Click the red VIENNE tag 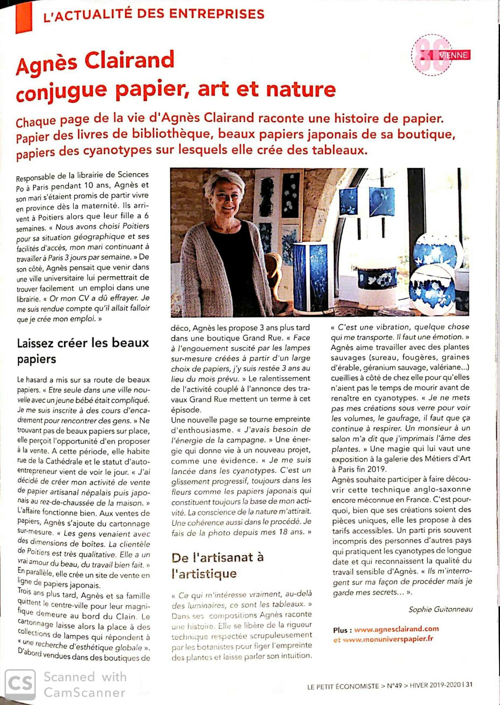coord(454,55)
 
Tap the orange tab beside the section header coord(24,17)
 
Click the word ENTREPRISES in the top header coord(217,14)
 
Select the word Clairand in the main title coord(129,61)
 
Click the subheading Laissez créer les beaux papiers coord(83,351)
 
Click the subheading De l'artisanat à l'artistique coord(217,565)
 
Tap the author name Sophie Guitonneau coord(440,610)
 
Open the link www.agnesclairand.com coord(396,629)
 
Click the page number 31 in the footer coord(469,684)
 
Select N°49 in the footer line coord(394,685)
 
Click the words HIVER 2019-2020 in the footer coord(435,685)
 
